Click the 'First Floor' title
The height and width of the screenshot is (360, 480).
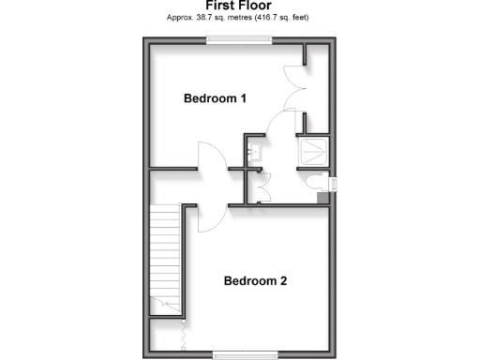tap(239, 5)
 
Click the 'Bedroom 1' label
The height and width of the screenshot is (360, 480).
tap(215, 98)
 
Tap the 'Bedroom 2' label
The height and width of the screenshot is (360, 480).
tap(255, 280)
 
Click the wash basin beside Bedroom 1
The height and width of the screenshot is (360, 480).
tap(253, 151)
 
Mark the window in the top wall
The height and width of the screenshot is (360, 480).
tap(240, 38)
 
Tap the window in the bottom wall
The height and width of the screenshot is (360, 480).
tap(246, 353)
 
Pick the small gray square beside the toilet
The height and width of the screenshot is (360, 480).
tap(323, 198)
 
